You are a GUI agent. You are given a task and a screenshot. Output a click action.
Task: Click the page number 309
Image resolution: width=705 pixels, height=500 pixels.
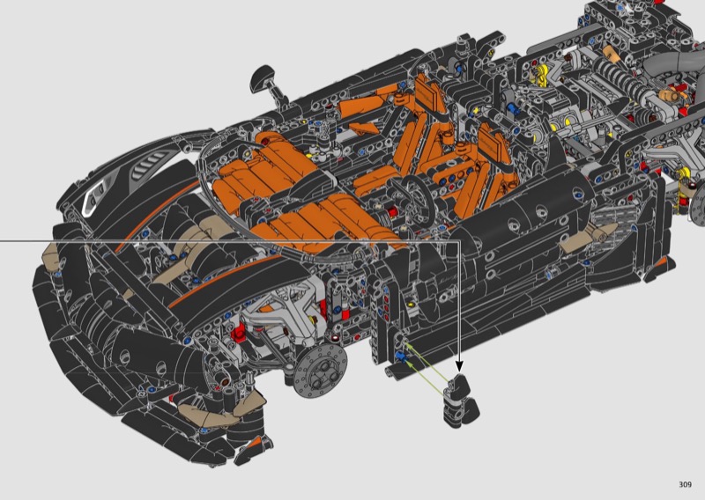point(686,484)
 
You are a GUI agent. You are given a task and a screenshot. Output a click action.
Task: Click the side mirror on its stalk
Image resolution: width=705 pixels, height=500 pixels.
point(266,83)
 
